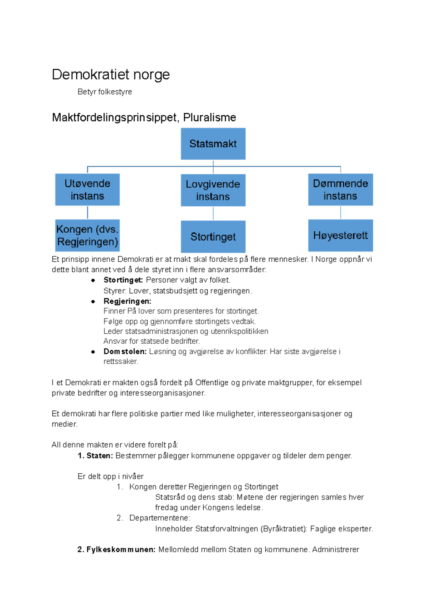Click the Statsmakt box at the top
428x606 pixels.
pos(213,144)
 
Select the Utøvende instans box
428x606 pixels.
pos(87,190)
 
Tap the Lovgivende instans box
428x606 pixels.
pos(213,190)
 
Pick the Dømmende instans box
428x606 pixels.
pos(340,190)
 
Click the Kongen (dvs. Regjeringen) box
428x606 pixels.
pos(87,236)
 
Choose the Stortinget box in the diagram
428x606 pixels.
pos(213,237)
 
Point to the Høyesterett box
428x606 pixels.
pos(340,236)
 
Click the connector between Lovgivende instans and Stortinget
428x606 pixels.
pos(213,213)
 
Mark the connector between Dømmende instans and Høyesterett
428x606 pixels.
pos(341,213)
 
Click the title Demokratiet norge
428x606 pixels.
pos(111,75)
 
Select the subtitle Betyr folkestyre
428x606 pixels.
pos(105,92)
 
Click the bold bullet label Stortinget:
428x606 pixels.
pos(123,280)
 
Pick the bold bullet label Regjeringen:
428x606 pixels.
pos(127,301)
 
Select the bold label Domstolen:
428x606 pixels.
pos(125,352)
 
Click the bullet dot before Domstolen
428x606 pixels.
pos(93,352)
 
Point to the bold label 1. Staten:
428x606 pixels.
pos(95,456)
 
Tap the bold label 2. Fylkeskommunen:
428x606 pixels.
pos(116,550)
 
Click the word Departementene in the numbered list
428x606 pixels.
pos(159,518)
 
